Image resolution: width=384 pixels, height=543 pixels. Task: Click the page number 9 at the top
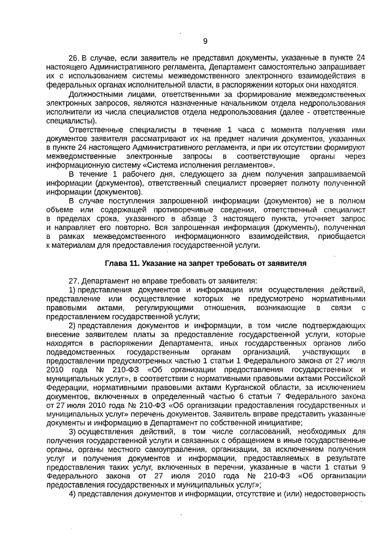[205, 41]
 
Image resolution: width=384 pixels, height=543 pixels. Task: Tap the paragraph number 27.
[74, 280]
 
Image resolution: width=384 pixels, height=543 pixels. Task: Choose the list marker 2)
[72, 325]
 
